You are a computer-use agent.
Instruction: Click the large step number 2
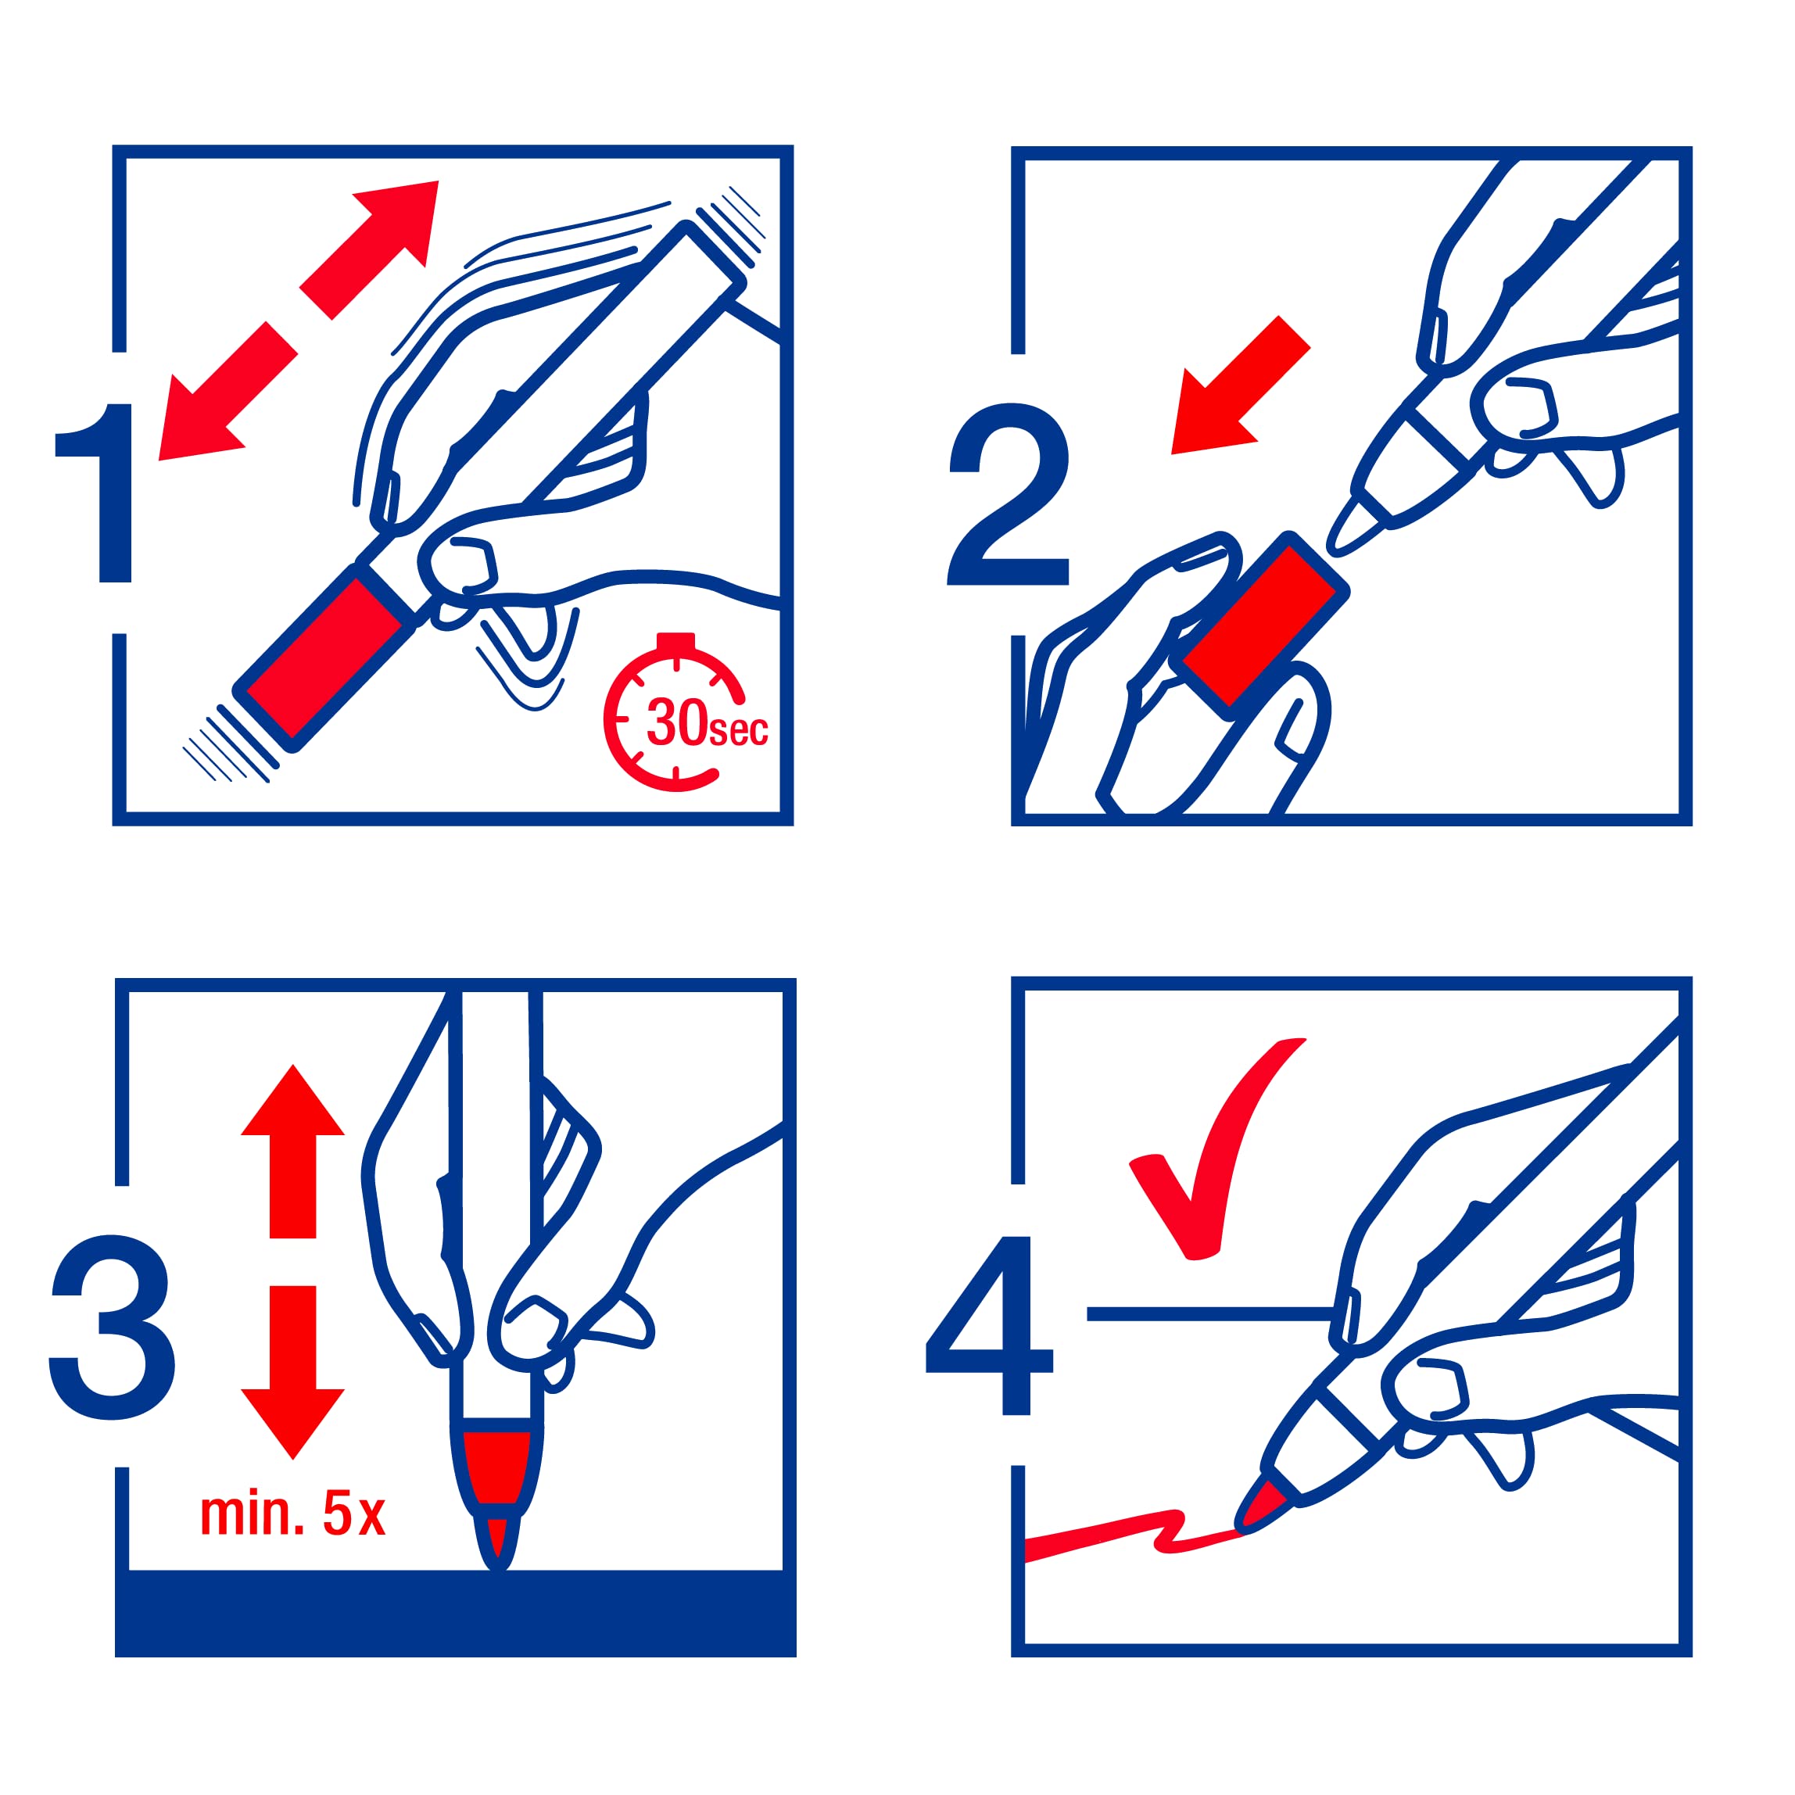pos(1008,493)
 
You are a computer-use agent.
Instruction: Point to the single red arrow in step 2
pos(1239,385)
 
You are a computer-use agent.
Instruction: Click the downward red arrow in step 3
pos(292,1372)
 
